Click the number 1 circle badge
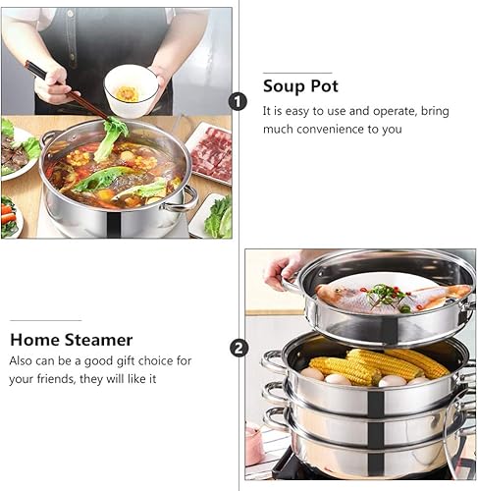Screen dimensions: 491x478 click(238, 101)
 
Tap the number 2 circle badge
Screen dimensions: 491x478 click(239, 348)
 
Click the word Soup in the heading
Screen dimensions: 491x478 click(282, 85)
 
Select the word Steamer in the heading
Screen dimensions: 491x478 click(96, 340)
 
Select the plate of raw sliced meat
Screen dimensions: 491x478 click(210, 152)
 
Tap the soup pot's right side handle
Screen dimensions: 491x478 click(183, 200)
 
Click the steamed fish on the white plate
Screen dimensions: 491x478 click(393, 298)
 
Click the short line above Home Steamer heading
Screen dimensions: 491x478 click(46, 320)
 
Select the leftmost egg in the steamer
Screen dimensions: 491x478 click(313, 373)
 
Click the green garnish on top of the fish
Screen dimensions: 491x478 click(388, 291)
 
